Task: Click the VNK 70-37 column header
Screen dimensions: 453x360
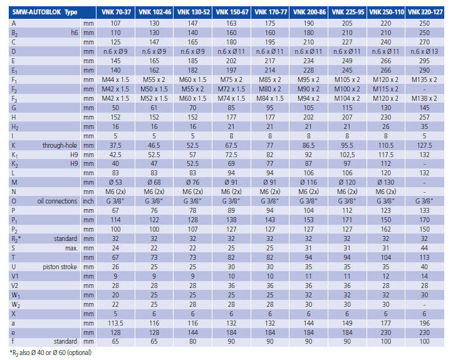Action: [116, 12]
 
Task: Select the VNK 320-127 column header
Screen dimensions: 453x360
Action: [425, 12]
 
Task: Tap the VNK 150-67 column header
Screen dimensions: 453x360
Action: [232, 12]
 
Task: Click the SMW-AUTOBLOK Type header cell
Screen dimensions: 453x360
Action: [44, 12]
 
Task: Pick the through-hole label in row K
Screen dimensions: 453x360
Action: [60, 145]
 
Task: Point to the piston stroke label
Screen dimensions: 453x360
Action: [60, 267]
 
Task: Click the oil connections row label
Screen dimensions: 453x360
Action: [57, 201]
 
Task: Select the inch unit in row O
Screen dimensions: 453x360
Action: [88, 201]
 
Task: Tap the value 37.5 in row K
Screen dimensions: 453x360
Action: [115, 145]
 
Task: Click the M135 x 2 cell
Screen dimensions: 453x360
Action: [424, 80]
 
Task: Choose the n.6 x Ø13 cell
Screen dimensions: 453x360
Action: [424, 51]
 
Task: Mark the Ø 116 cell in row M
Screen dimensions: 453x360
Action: [308, 182]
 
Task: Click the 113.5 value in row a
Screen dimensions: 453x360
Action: [115, 323]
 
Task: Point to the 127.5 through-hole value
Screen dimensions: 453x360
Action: [424, 145]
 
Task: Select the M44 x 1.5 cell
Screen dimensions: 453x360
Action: [115, 80]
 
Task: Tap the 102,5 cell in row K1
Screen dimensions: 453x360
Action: [347, 155]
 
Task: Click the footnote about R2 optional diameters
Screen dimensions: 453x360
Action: [51, 352]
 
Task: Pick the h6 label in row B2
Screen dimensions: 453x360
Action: [75, 33]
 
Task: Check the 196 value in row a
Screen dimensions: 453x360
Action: [424, 323]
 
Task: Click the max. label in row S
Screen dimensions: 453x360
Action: [71, 248]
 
